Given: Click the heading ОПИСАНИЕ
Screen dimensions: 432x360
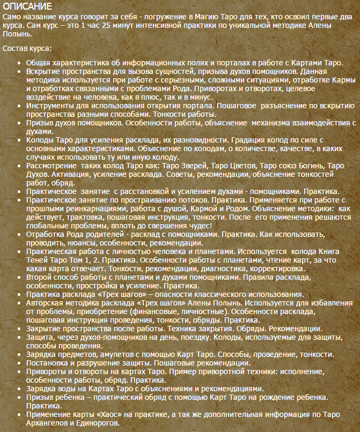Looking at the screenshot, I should [x=27, y=6].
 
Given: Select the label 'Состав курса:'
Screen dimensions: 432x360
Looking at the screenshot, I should [x=27, y=49].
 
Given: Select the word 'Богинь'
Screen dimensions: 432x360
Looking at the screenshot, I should [x=303, y=166].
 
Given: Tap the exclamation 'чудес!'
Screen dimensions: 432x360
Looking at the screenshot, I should [x=201, y=225].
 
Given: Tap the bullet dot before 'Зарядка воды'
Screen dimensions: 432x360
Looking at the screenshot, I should [x=19, y=389].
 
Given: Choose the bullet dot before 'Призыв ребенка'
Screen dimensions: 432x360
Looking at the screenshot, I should [x=19, y=397].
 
